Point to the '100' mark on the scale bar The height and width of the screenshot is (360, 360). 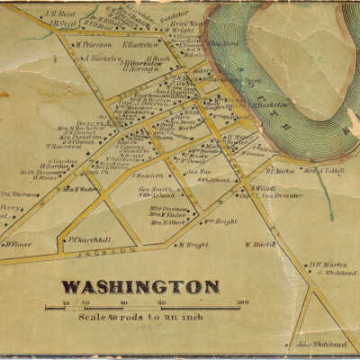[x=242, y=302]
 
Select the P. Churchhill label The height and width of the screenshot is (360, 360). [x=89, y=239]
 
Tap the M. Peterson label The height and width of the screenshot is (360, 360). [x=94, y=44]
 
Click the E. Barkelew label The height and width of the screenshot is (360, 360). [x=140, y=43]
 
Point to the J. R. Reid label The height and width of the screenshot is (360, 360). [x=62, y=14]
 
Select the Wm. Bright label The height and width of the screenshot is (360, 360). [x=220, y=221]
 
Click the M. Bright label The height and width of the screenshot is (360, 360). [x=193, y=244]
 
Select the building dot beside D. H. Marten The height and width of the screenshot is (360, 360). [x=305, y=263]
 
